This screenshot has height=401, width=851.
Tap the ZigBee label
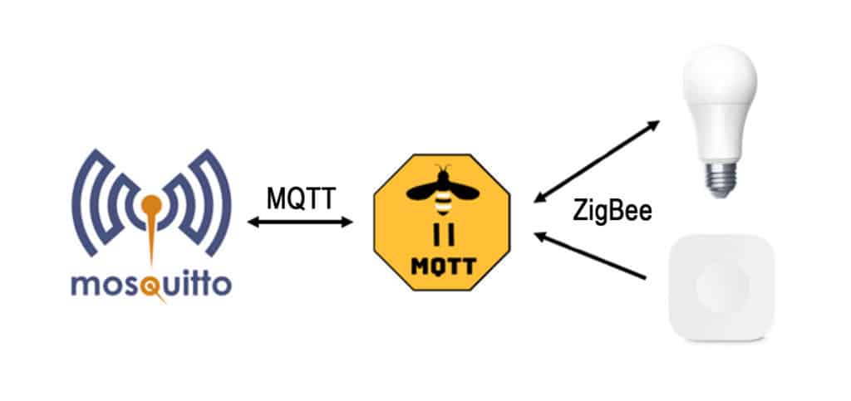coord(612,211)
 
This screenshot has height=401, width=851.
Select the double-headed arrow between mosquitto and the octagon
coord(300,222)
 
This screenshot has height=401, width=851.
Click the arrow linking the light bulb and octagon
coord(597,161)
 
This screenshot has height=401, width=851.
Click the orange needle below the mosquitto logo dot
coord(151,241)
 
